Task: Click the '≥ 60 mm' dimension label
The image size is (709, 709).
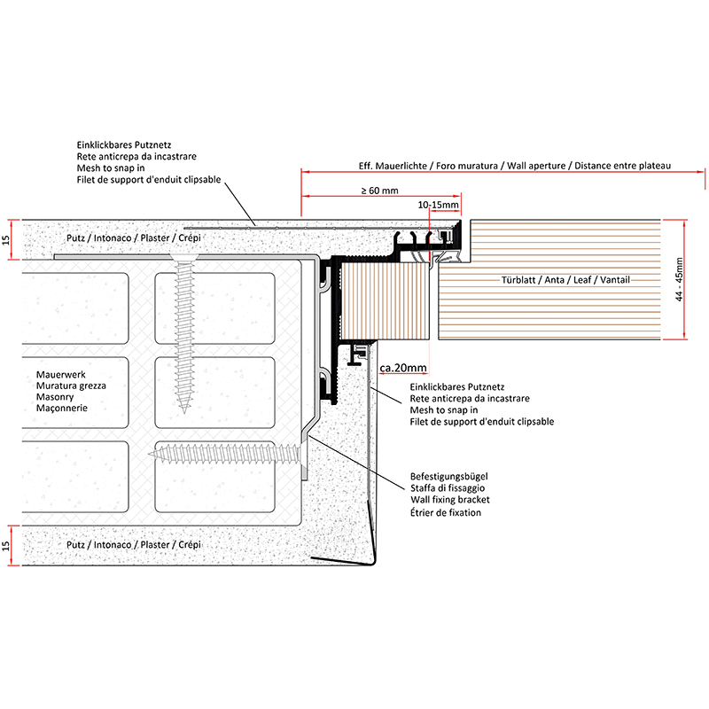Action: coord(378,190)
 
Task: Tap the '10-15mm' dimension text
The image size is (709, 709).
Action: coord(438,205)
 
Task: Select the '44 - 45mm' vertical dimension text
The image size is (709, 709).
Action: coord(679,278)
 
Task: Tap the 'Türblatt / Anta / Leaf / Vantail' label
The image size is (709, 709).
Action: coord(565,280)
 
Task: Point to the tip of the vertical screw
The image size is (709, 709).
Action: coord(183,409)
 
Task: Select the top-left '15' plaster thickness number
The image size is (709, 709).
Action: coord(6,239)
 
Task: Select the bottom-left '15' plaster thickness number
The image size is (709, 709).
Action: coord(6,542)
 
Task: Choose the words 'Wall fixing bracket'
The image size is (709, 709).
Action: coord(450,501)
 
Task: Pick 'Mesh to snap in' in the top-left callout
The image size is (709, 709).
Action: coord(111,168)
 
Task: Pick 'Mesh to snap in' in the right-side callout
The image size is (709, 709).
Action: coord(444,410)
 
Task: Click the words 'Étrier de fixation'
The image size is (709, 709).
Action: coord(447,513)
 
